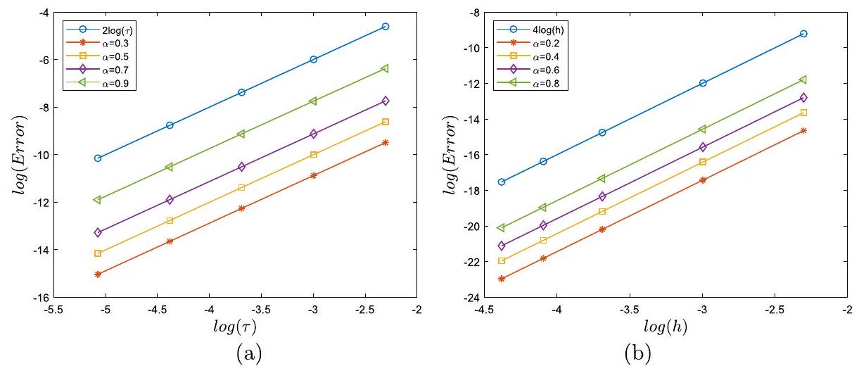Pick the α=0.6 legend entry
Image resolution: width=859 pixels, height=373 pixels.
tap(535, 70)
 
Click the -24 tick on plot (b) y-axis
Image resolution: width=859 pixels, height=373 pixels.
tap(470, 298)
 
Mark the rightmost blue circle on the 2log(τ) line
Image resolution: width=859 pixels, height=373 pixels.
tap(385, 27)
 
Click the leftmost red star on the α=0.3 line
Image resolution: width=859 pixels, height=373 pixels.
tap(98, 274)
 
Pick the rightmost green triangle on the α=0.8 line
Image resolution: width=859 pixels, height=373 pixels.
tap(803, 80)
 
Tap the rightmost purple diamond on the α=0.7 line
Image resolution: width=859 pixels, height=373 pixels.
tap(385, 101)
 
